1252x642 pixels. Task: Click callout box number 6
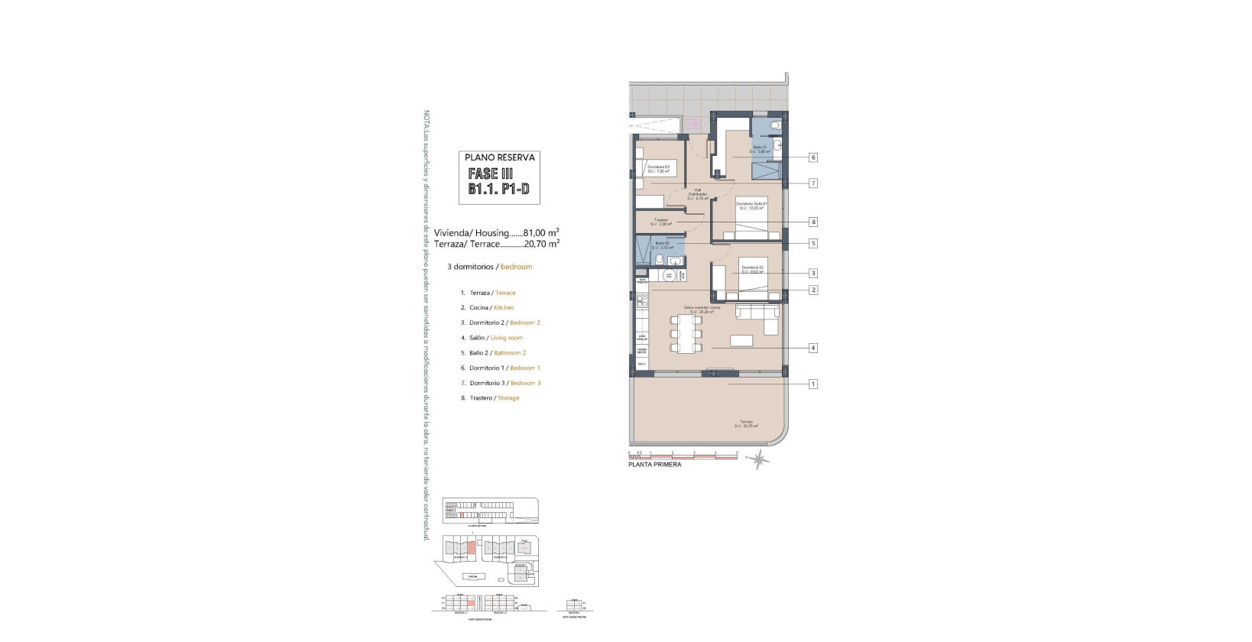[813, 157]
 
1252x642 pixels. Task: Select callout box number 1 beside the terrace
[813, 384]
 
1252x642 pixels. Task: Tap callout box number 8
[813, 222]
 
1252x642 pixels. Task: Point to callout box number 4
[813, 349]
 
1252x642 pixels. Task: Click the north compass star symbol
[758, 459]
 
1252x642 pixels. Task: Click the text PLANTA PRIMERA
[654, 465]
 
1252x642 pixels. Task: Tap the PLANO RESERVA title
[500, 157]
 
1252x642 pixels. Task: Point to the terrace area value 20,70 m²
[541, 244]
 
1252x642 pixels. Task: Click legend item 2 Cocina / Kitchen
[491, 308]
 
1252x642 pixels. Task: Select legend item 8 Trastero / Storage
[494, 398]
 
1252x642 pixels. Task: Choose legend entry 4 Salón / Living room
[495, 338]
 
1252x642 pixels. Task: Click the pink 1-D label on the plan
[693, 124]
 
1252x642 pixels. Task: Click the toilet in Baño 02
[658, 260]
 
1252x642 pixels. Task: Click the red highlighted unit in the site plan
[472, 547]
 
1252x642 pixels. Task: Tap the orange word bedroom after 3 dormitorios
[516, 267]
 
